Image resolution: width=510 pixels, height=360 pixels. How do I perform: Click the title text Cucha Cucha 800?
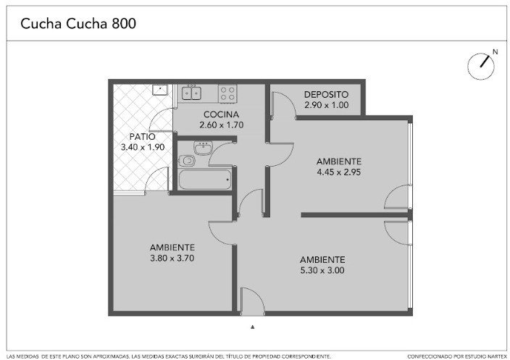tap(78, 24)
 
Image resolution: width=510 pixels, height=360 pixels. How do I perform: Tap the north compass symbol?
tap(481, 66)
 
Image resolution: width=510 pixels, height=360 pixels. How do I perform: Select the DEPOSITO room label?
tap(326, 95)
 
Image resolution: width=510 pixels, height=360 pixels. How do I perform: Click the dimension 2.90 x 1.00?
tap(326, 105)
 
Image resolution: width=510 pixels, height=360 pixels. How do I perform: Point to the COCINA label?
tap(221, 114)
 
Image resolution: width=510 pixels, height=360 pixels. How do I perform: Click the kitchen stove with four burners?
tap(227, 93)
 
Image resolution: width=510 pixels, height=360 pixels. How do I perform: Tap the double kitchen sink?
tap(191, 93)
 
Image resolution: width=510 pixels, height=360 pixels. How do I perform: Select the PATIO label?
tap(142, 137)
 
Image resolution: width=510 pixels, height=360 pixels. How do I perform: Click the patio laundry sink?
tap(159, 90)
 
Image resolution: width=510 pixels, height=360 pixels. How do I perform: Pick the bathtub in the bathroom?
tap(205, 179)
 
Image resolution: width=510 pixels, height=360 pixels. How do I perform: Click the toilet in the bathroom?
tap(187, 161)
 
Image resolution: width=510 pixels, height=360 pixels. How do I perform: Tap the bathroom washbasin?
tap(204, 148)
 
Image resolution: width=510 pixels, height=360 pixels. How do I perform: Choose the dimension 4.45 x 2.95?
tap(339, 172)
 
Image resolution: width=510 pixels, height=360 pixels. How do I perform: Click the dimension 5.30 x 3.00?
tap(322, 270)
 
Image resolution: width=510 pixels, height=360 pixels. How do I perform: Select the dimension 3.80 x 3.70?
tap(172, 258)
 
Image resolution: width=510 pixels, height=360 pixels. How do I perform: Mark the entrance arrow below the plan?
tap(252, 327)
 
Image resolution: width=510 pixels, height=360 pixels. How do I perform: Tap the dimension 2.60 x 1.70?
tap(221, 125)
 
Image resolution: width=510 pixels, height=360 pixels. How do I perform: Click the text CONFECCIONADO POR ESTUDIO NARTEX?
tap(457, 357)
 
